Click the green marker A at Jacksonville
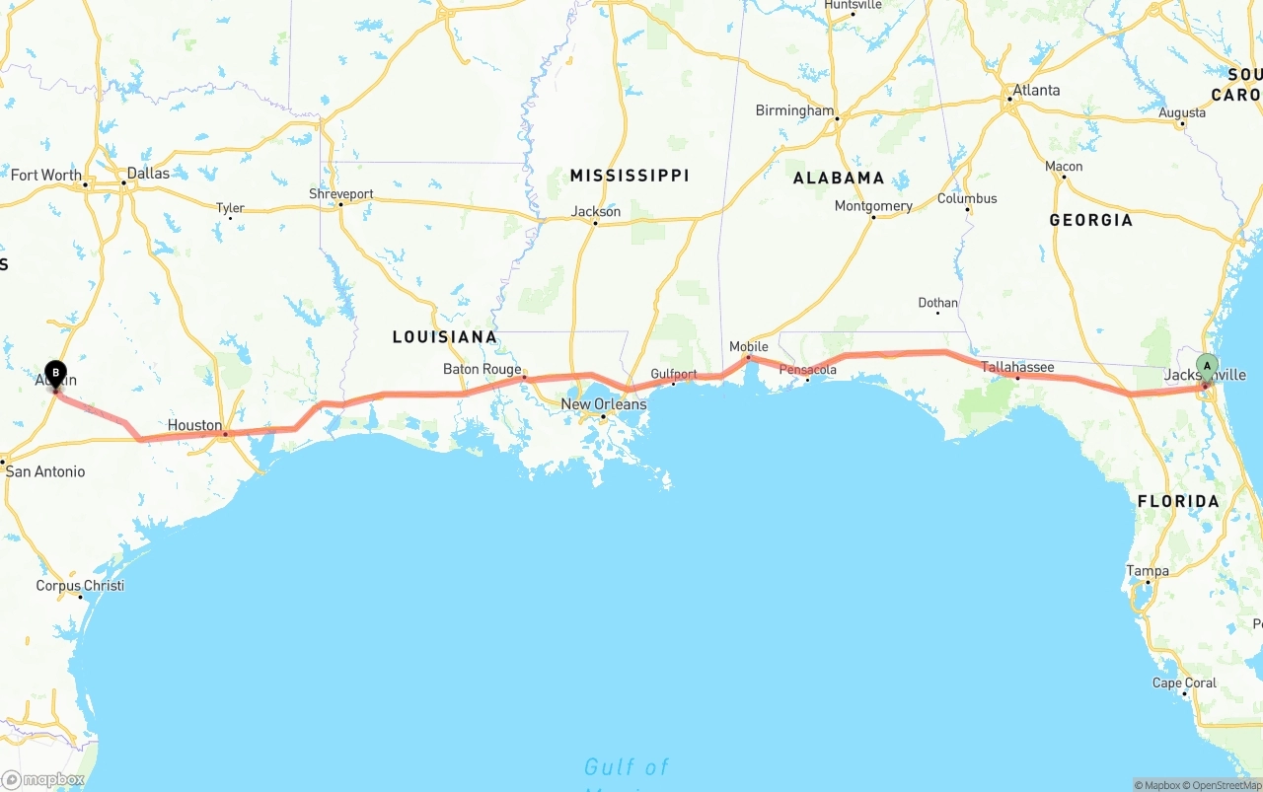coord(1207,366)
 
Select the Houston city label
coord(194,425)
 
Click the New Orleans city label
coord(604,404)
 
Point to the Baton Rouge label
coord(482,369)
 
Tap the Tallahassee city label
coord(1017,367)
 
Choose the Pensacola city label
coord(808,370)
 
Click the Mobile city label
coord(748,346)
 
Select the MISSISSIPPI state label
coord(630,176)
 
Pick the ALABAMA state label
coord(839,179)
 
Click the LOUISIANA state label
coord(445,337)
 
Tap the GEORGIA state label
coord(1090,221)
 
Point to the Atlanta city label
coord(1036,90)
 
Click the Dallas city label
coord(148,173)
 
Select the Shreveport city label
coord(341,194)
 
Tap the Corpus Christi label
coord(80,586)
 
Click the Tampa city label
coord(1148,571)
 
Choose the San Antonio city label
coord(45,471)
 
